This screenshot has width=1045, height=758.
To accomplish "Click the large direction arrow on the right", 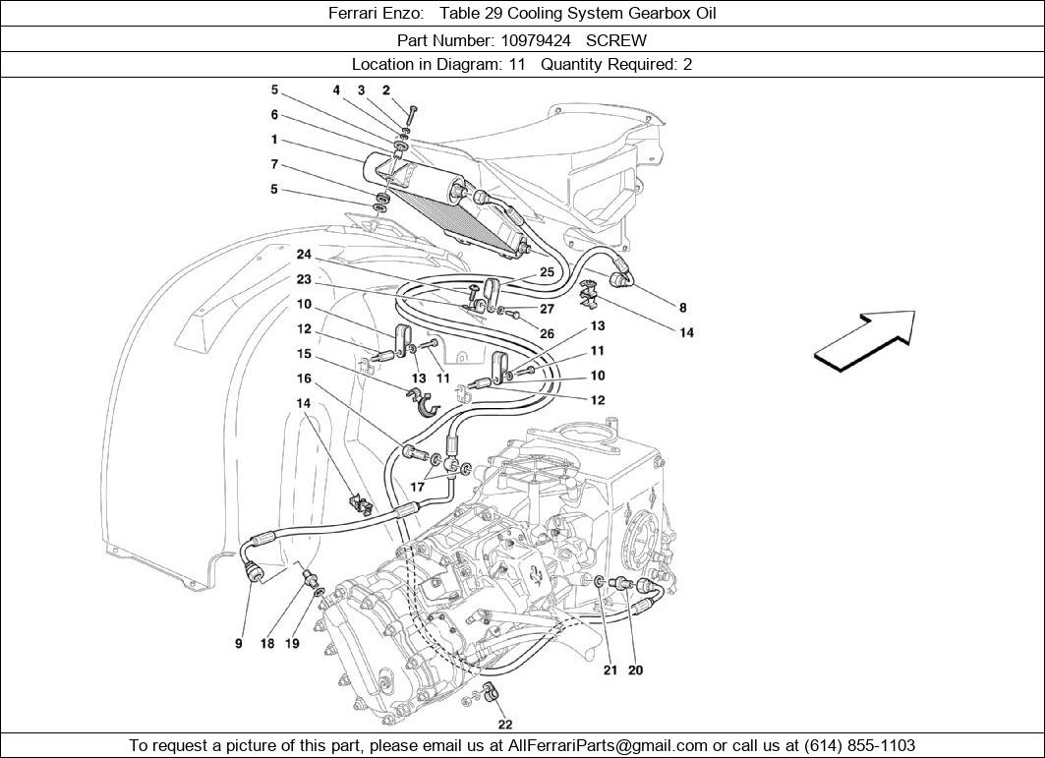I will (x=864, y=340).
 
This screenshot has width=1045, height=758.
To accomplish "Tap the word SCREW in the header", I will (x=616, y=40).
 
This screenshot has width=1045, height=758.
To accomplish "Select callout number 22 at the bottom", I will (x=505, y=725).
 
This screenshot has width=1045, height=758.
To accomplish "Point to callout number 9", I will (x=239, y=644).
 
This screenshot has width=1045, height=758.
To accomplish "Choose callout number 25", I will (x=547, y=271).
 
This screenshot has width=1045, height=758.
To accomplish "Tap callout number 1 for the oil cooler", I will (x=274, y=140).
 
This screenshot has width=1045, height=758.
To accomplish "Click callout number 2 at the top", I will (x=386, y=90).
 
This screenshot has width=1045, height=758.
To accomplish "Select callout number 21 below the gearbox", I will (x=610, y=671).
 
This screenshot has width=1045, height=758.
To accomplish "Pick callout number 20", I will (x=636, y=671).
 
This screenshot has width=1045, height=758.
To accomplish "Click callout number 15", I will (x=305, y=353).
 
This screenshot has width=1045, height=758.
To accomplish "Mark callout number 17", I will (x=418, y=486).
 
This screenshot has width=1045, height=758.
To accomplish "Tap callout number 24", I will (x=305, y=255).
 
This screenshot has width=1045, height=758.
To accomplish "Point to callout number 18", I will (x=267, y=644).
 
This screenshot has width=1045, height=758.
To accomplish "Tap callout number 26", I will (x=548, y=333).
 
